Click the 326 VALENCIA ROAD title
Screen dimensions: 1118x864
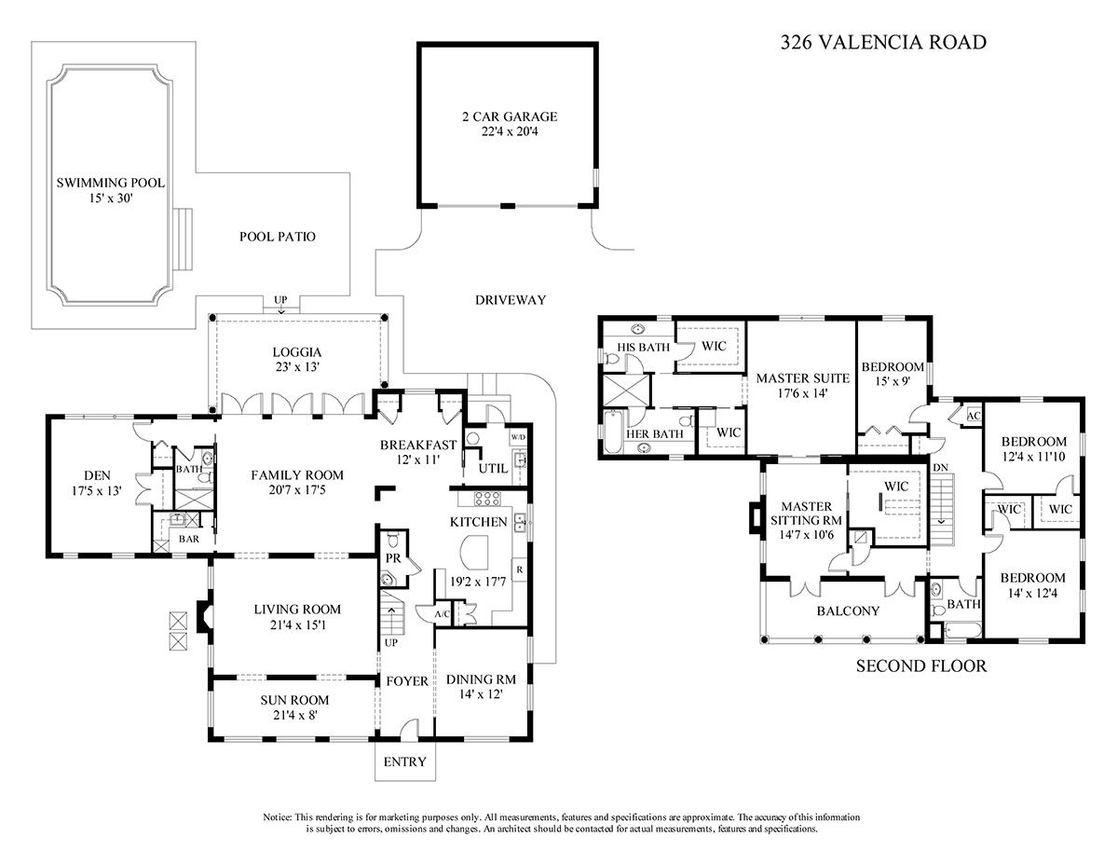pyautogui.click(x=883, y=42)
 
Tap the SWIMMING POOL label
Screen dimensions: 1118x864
pyautogui.click(x=111, y=183)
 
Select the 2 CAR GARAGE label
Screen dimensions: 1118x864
pyautogui.click(x=510, y=117)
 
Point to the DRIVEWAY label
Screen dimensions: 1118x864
pyautogui.click(x=510, y=300)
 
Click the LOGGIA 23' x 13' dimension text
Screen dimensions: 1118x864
pyautogui.click(x=297, y=367)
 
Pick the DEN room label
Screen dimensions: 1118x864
pyautogui.click(x=97, y=475)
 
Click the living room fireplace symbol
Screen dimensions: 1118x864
pyautogui.click(x=205, y=617)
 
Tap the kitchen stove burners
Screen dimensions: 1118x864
pyautogui.click(x=486, y=498)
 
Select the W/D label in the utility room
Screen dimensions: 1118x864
pyautogui.click(x=518, y=437)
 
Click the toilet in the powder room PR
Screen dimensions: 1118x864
pyautogui.click(x=393, y=541)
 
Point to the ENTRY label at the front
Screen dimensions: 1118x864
pyautogui.click(x=405, y=761)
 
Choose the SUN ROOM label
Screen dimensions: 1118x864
pyautogui.click(x=294, y=700)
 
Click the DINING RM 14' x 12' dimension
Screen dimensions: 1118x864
pyautogui.click(x=481, y=694)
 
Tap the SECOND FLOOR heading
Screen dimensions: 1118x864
pyautogui.click(x=920, y=665)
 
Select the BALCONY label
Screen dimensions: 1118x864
pyautogui.click(x=848, y=610)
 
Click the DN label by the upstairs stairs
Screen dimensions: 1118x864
pyautogui.click(x=940, y=468)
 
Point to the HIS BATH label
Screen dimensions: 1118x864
pyautogui.click(x=643, y=348)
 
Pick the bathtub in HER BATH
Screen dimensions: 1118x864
pyautogui.click(x=612, y=432)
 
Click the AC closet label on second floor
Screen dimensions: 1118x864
pyautogui.click(x=974, y=416)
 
